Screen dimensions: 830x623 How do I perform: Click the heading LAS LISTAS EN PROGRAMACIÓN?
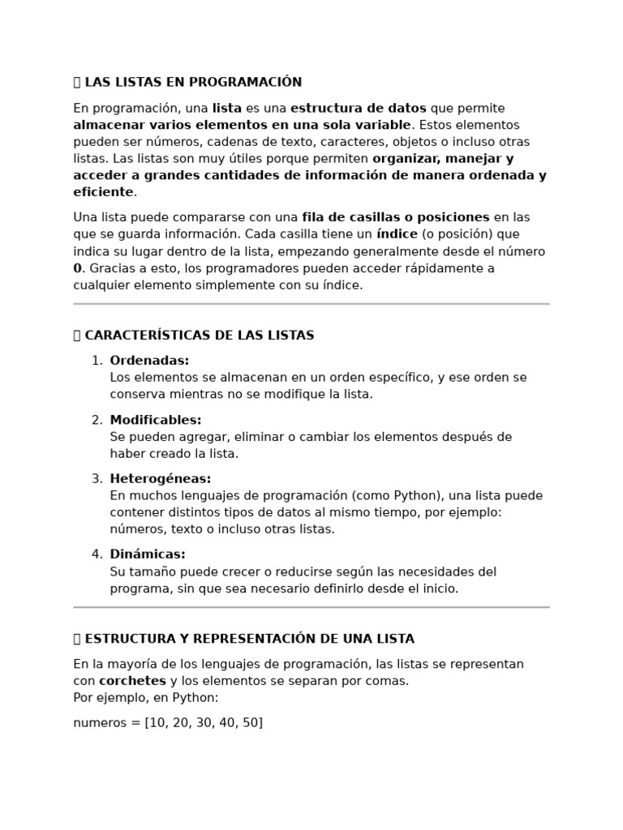click(x=193, y=82)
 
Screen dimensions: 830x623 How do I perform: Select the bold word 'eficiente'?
click(x=103, y=192)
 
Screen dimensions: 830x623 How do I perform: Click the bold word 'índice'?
click(x=396, y=234)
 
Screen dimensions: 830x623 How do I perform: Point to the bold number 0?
click(x=78, y=268)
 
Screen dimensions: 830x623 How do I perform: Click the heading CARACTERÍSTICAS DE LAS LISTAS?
click(x=199, y=336)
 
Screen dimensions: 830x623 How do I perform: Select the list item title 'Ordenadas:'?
click(x=149, y=361)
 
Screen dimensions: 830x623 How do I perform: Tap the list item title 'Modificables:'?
click(x=156, y=420)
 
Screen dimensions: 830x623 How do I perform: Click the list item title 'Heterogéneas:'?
click(x=161, y=479)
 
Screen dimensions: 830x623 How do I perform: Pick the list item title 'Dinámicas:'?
click(x=148, y=554)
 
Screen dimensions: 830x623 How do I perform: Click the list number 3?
click(x=96, y=479)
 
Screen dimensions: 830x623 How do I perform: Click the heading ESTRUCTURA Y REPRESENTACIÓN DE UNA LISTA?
click(x=249, y=639)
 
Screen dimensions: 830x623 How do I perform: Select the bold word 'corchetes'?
click(x=132, y=681)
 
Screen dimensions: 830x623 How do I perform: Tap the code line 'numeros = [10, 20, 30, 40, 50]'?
click(x=168, y=722)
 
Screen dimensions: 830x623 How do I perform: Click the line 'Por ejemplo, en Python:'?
click(x=146, y=698)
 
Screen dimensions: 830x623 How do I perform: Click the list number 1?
click(x=96, y=361)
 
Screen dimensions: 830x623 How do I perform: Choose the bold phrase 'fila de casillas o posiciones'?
click(x=396, y=217)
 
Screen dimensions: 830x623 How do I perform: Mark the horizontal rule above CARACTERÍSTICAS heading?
click(x=311, y=304)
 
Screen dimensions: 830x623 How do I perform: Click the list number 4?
click(x=96, y=554)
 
